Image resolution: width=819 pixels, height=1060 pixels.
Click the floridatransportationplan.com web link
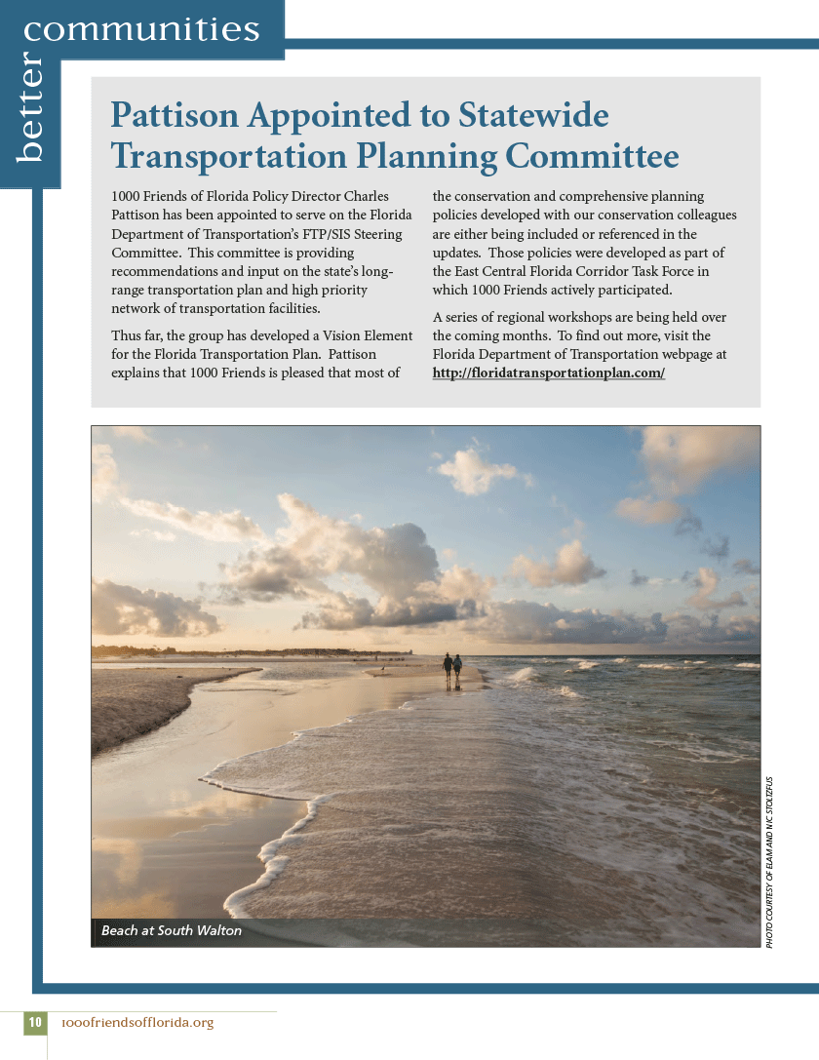click(549, 373)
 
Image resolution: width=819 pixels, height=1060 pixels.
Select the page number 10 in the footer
click(35, 1022)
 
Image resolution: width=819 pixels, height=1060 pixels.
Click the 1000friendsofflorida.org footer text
click(136, 1022)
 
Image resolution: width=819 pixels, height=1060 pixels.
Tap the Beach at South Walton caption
click(172, 930)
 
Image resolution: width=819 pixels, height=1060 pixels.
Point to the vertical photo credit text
click(769, 862)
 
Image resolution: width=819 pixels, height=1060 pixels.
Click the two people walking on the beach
click(452, 668)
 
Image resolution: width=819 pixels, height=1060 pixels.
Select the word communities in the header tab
click(142, 29)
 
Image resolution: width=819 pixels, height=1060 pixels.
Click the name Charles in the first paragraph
click(366, 196)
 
